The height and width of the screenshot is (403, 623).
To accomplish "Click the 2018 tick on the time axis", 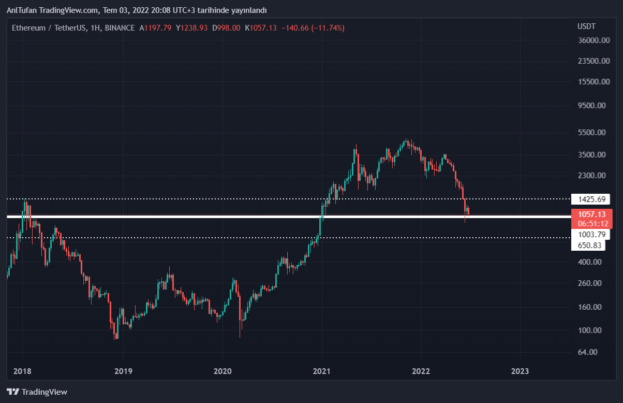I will coord(22,371).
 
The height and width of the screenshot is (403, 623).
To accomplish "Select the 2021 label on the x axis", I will coord(321,371).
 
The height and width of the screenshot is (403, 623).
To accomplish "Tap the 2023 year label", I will coord(520,371).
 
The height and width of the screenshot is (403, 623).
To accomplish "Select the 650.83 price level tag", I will coord(589,245).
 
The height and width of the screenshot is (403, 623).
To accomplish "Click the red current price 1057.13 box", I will coord(592,214).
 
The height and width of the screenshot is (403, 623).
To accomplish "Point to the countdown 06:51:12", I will coord(592,223).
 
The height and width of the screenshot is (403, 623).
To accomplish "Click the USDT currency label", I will coord(586,26).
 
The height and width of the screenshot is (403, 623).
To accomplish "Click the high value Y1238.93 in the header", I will coord(191,28).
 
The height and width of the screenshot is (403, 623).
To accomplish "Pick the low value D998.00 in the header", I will coord(226,28).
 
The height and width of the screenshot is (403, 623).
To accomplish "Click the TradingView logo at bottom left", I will coord(37,392).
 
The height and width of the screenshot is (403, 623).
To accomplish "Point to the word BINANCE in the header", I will coord(120,28).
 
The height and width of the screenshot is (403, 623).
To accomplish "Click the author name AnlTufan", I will coord(21,10).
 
